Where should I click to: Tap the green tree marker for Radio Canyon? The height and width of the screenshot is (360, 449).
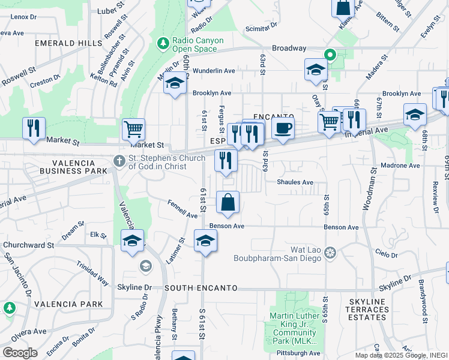(x=162, y=43)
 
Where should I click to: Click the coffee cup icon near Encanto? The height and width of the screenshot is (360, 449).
(x=283, y=127)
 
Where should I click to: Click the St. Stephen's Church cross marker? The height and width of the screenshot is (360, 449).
(x=119, y=161)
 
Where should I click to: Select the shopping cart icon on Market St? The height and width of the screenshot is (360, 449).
(x=133, y=128)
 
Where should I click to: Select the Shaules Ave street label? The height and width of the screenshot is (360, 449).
(x=295, y=182)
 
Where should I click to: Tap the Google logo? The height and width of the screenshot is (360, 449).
(x=20, y=353)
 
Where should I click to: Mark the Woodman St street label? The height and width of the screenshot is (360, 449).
(x=368, y=189)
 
